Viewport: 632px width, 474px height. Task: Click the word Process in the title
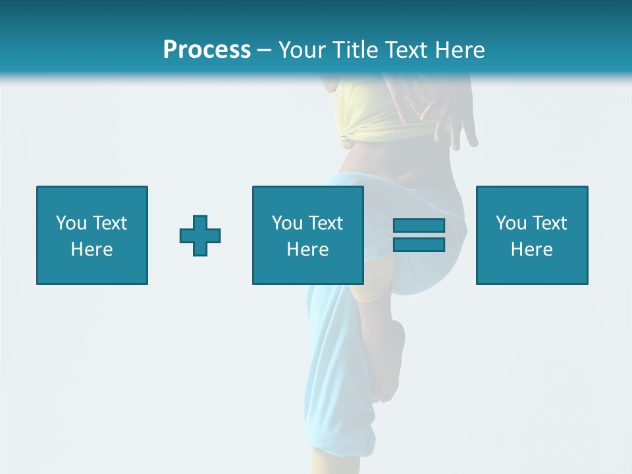tap(207, 50)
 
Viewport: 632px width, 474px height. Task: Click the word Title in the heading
tap(355, 50)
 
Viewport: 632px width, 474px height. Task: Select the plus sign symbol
tap(200, 235)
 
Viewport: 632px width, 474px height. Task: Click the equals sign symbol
tap(419, 235)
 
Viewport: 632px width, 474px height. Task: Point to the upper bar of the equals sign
tap(419, 226)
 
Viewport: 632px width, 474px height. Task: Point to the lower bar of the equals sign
tap(419, 244)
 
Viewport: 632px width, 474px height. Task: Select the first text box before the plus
tap(92, 235)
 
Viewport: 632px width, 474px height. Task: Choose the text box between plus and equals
tap(307, 235)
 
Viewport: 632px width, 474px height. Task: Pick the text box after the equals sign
tap(531, 235)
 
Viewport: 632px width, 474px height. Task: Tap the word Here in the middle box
tap(307, 250)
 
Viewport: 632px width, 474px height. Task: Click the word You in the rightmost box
tap(511, 223)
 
